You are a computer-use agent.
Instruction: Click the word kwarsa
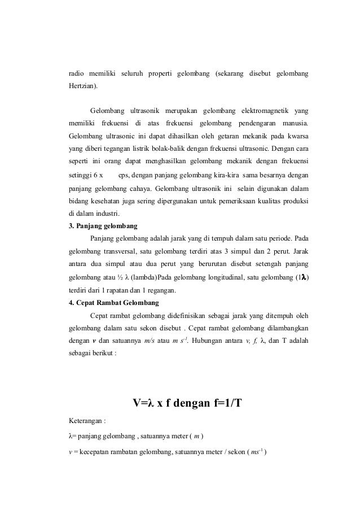coord(298,137)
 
